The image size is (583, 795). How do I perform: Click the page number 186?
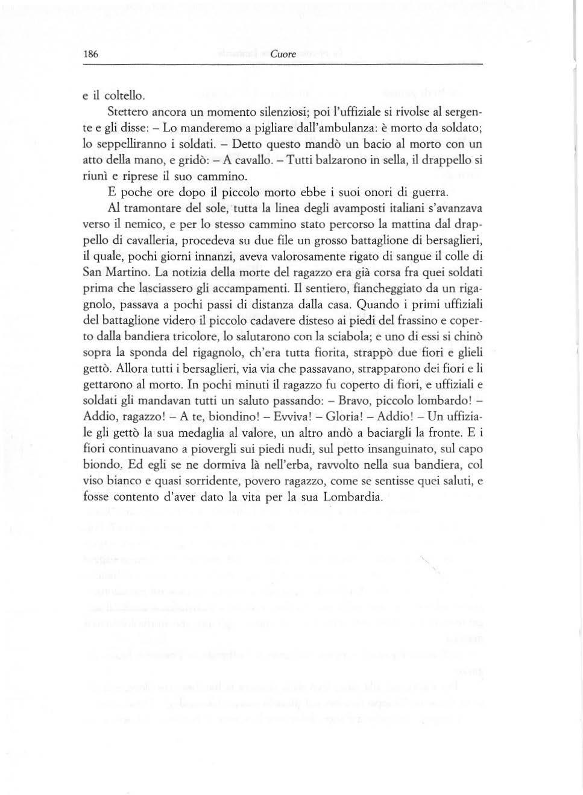pyautogui.click(x=90, y=54)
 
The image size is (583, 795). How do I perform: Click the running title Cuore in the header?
pyautogui.click(x=283, y=54)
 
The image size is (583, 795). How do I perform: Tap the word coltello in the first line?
pyautogui.click(x=125, y=95)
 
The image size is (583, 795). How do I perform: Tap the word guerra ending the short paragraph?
pyautogui.click(x=429, y=193)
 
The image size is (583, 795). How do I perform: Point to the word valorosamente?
pyautogui.click(x=326, y=257)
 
